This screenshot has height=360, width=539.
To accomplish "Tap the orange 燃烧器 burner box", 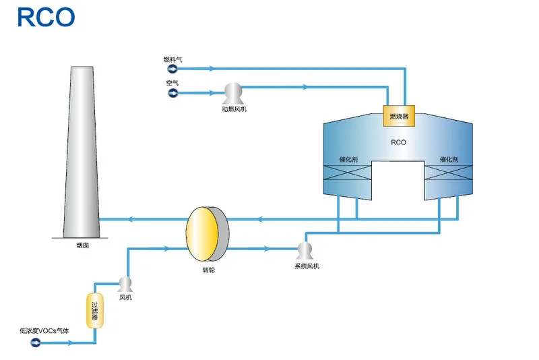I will (399, 115).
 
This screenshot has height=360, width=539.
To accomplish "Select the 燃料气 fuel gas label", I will (172, 60).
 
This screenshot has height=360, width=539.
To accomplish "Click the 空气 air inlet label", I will (172, 83).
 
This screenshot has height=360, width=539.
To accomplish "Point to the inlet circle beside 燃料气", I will (172, 68).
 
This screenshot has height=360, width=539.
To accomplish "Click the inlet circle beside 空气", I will (172, 93).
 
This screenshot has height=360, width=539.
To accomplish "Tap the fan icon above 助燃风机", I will (233, 92).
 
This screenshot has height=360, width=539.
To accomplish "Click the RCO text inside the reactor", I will (398, 142).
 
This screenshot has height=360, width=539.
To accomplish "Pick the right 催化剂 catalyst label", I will (449, 160).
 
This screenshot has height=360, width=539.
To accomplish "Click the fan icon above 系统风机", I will (306, 250).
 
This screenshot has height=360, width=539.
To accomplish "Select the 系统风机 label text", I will (307, 266).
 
